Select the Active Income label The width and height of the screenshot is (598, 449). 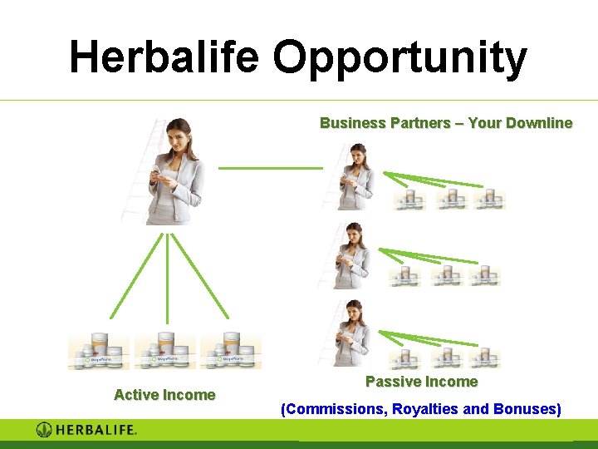click(x=164, y=395)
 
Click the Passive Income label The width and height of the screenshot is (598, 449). click(x=422, y=382)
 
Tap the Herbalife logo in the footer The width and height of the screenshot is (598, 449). click(x=86, y=430)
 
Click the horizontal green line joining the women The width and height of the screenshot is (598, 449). click(x=270, y=168)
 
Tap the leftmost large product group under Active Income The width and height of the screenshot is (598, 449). click(x=99, y=352)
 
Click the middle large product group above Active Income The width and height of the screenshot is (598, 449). click(x=164, y=352)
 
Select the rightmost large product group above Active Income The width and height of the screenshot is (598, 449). click(x=230, y=352)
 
